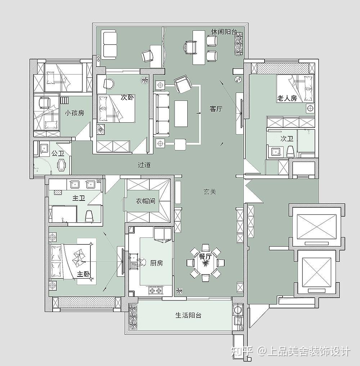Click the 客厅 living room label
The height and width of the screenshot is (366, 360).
(216, 109)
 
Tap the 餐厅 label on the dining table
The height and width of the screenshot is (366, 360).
(205, 257)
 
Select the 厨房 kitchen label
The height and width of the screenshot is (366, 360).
(157, 263)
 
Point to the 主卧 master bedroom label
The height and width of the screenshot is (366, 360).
(84, 274)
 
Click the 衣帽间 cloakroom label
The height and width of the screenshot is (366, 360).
(145, 201)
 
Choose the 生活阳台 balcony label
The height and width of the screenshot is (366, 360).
(188, 315)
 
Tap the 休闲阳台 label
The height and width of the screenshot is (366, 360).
(224, 32)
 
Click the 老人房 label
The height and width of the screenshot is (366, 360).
(287, 98)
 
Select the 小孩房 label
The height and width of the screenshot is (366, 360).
(75, 113)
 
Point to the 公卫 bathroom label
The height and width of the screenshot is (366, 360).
(58, 153)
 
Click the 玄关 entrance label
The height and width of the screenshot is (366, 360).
(210, 192)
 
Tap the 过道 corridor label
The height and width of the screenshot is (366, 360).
(144, 165)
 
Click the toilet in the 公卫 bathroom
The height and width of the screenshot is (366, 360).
(62, 165)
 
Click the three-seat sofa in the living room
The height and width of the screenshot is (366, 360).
(162, 114)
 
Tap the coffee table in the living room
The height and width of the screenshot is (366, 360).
(181, 113)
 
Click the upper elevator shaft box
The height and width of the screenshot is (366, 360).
(317, 226)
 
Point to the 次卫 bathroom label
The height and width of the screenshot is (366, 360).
(287, 139)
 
